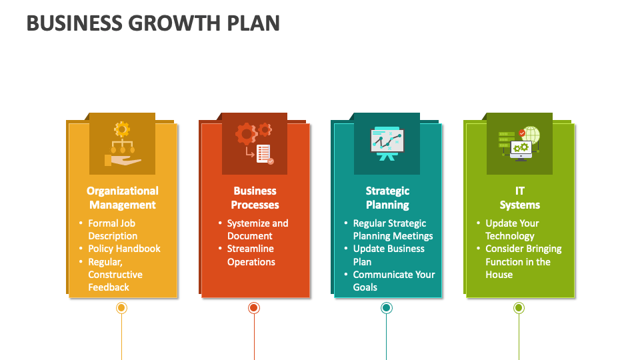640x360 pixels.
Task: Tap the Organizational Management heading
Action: pyautogui.click(x=123, y=198)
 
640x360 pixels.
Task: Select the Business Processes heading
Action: pyautogui.click(x=255, y=198)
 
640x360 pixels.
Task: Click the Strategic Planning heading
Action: pyautogui.click(x=387, y=198)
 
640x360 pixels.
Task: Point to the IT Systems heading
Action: pyautogui.click(x=519, y=198)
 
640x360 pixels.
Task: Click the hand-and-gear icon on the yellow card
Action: pyautogui.click(x=122, y=143)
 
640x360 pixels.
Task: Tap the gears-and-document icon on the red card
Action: pyautogui.click(x=254, y=143)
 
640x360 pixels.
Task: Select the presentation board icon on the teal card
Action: pyautogui.click(x=387, y=143)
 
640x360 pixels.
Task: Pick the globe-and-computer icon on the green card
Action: pyautogui.click(x=519, y=143)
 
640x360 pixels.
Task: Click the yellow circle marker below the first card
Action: pyautogui.click(x=121, y=308)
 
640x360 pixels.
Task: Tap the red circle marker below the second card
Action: pyautogui.click(x=254, y=308)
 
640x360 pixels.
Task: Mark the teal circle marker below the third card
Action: pyautogui.click(x=387, y=308)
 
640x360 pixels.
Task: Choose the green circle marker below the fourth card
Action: pyautogui.click(x=519, y=308)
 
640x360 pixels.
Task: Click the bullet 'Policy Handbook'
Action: pyautogui.click(x=124, y=249)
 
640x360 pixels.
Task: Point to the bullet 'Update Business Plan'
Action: pyautogui.click(x=389, y=255)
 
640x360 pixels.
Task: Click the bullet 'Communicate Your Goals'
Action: pyautogui.click(x=393, y=281)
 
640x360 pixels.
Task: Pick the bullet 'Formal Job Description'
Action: pyautogui.click(x=113, y=229)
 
